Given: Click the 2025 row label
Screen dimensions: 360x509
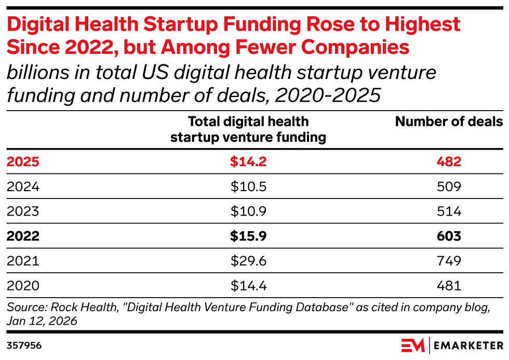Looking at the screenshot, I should [23, 162].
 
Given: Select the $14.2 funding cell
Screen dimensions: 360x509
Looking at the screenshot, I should [248, 162].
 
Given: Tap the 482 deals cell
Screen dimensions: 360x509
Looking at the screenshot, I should [449, 162].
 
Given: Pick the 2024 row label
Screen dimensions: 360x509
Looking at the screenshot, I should [23, 186].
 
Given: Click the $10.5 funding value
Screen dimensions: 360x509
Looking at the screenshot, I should [248, 186].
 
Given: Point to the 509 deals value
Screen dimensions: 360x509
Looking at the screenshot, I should [449, 186].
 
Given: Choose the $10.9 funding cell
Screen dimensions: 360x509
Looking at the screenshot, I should [248, 211].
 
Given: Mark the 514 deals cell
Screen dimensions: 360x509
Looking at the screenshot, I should [449, 211].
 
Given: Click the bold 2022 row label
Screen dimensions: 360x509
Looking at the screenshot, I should [23, 236].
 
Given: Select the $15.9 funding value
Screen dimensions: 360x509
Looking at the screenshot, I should [248, 236].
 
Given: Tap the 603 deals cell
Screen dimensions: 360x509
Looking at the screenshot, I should [449, 236].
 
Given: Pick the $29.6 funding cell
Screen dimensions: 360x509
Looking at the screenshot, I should [248, 261].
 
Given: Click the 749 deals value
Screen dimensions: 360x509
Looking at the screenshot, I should [449, 261].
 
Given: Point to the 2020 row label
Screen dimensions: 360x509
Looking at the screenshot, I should [23, 286].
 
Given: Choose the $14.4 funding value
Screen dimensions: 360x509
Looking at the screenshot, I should [248, 286].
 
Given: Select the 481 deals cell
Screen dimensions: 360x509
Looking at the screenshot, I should [449, 286].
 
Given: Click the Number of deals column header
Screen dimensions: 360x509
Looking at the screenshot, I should [449, 122].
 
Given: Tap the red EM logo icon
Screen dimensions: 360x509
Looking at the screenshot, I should [413, 345].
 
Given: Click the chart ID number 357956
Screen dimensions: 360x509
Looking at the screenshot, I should [24, 345].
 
